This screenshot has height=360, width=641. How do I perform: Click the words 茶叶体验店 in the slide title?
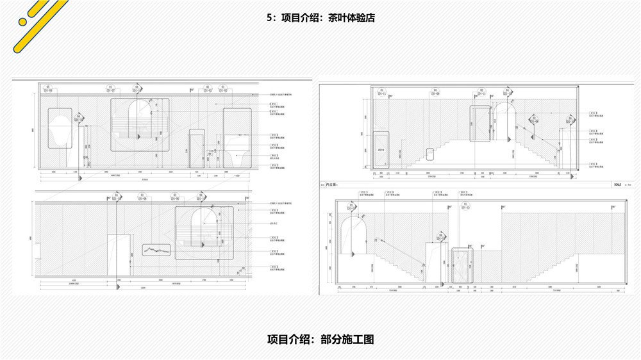coord(351,18)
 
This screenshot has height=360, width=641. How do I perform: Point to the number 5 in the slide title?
coord(269,18)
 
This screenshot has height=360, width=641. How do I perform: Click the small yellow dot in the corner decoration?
coord(23,21)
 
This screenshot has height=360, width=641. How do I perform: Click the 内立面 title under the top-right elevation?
coord(331,184)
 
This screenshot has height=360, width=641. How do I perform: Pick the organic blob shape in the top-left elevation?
coord(60,127)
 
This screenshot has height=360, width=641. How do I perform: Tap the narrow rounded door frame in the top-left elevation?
coord(197,149)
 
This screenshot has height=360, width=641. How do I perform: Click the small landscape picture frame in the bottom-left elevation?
coord(155,250)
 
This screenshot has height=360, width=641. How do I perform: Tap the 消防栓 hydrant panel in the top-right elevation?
coord(381,150)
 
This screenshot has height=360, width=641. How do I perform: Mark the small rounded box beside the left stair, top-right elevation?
coord(430,154)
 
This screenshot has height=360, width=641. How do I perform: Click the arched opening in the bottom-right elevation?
coord(351,236)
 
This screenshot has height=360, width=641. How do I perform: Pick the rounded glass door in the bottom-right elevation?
coord(462,266)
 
